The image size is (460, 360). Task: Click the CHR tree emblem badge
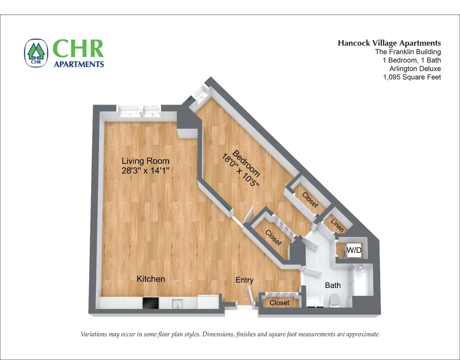click(36, 53)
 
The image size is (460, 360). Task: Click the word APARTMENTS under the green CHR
click(79, 64)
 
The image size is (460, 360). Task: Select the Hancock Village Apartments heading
click(389, 43)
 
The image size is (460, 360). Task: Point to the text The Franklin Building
click(408, 52)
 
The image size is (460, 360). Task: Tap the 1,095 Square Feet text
click(412, 77)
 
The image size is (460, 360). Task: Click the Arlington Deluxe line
click(415, 69)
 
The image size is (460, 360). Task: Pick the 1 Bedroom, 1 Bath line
click(412, 60)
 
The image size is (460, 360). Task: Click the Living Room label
click(146, 161)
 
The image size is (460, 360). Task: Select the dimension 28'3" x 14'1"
click(146, 170)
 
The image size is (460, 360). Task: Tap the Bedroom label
click(246, 163)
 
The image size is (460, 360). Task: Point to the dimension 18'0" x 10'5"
click(240, 170)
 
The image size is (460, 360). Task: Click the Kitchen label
click(151, 279)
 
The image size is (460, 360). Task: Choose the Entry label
click(244, 280)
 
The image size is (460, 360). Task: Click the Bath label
click(333, 286)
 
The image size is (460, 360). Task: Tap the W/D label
click(354, 250)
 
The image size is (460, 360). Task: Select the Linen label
click(337, 225)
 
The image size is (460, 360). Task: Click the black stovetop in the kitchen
click(151, 303)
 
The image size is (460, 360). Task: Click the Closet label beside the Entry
click(280, 303)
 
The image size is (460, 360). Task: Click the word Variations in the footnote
click(94, 334)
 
